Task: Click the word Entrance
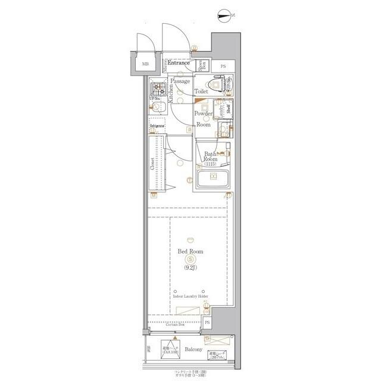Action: coord(179,63)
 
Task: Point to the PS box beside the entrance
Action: coord(223,66)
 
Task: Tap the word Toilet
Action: coord(201,92)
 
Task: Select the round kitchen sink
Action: coord(157,108)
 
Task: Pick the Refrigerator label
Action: coord(157,126)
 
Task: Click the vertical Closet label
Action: coord(153,164)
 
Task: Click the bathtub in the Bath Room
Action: coord(213,179)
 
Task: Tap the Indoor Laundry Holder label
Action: coord(190,295)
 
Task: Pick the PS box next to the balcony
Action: coord(207,322)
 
